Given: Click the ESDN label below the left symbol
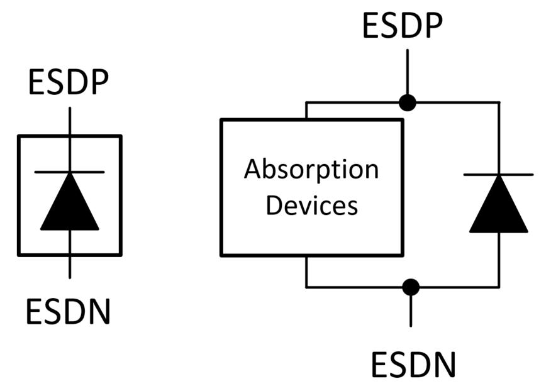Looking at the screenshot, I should click(x=69, y=311).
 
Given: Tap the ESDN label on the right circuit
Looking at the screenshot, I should click(x=413, y=365).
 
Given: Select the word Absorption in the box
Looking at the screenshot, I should click(x=311, y=170).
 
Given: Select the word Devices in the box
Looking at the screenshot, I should click(x=311, y=205).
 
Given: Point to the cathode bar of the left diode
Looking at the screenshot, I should click(x=69, y=172).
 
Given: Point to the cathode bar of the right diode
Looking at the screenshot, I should click(x=499, y=174).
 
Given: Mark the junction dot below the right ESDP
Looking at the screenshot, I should click(x=408, y=102).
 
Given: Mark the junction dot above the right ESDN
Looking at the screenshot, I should click(x=411, y=287).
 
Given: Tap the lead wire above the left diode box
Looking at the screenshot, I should click(x=69, y=121).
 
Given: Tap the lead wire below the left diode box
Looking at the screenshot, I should click(x=69, y=267).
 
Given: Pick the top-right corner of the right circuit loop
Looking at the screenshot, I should click(x=499, y=102).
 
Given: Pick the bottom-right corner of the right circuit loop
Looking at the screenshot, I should click(x=499, y=287).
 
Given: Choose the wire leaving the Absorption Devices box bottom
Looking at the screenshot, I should click(x=306, y=272).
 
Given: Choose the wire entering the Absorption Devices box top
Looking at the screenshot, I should click(x=306, y=110).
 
